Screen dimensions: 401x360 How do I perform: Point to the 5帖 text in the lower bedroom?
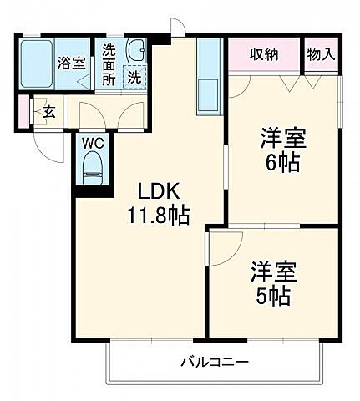coord(273,296)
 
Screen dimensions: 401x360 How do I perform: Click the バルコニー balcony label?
coord(213,362)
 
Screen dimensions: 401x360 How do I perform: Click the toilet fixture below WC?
coord(92,168)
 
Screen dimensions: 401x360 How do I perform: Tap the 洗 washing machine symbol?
coord(134,78)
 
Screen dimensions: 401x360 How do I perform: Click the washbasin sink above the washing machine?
coord(134,50)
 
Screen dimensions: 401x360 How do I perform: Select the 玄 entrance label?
coord(48,110)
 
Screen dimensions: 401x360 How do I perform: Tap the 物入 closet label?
coord(321,56)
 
